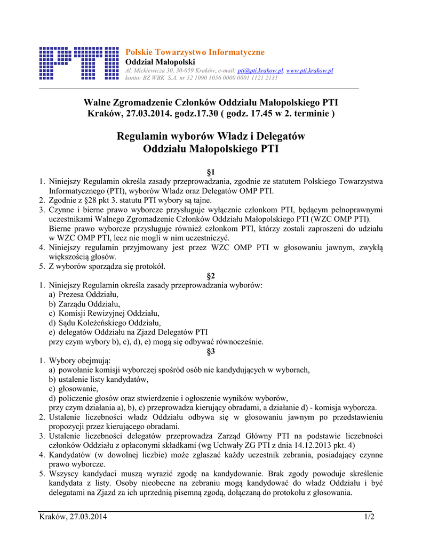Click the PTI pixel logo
pyautogui.click(x=79, y=63)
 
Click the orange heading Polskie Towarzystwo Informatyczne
pyautogui.click(x=194, y=52)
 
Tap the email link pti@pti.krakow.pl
pyautogui.click(x=260, y=70)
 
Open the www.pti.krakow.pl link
pyautogui.click(x=309, y=70)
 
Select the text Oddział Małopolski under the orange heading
pyautogui.click(x=153, y=62)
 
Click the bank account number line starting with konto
pyautogui.click(x=201, y=77)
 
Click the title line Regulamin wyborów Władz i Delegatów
pyautogui.click(x=211, y=136)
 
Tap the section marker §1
pyautogui.click(x=210, y=172)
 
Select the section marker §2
pyautogui.click(x=210, y=275)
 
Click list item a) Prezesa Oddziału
pyautogui.click(x=84, y=294)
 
